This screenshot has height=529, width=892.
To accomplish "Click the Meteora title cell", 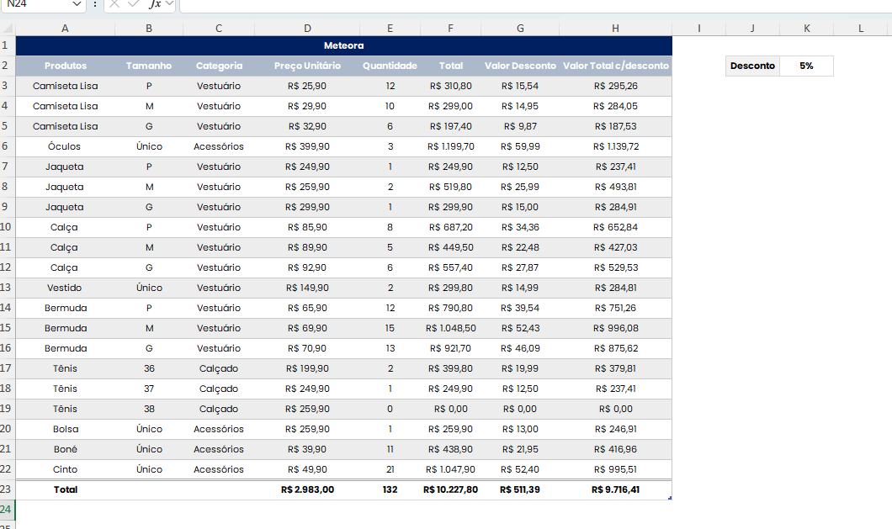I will (343, 45).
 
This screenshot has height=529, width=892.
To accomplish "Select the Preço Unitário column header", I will (307, 66).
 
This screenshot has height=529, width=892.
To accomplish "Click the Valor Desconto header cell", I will (520, 66).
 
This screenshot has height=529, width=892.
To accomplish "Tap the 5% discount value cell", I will (806, 66).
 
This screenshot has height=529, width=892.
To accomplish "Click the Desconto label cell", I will (752, 66).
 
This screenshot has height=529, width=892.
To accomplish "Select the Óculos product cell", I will (65, 146).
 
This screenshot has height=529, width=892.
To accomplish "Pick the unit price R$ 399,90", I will (307, 146).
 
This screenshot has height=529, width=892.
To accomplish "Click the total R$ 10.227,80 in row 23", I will (450, 489).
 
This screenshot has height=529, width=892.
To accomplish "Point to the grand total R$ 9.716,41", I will (615, 489).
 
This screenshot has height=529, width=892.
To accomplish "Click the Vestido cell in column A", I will (65, 288).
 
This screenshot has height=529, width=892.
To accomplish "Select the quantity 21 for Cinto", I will (390, 469).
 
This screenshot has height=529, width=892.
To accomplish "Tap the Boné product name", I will (65, 449).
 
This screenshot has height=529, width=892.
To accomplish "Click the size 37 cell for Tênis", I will (149, 389).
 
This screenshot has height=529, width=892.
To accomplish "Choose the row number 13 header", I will (7, 288).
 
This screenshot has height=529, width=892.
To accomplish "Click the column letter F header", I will (450, 29).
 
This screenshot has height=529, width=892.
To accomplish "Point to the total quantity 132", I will (390, 489).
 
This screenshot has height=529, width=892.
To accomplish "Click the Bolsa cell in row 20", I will (65, 429).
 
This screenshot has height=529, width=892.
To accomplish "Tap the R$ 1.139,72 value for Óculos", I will (615, 146).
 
